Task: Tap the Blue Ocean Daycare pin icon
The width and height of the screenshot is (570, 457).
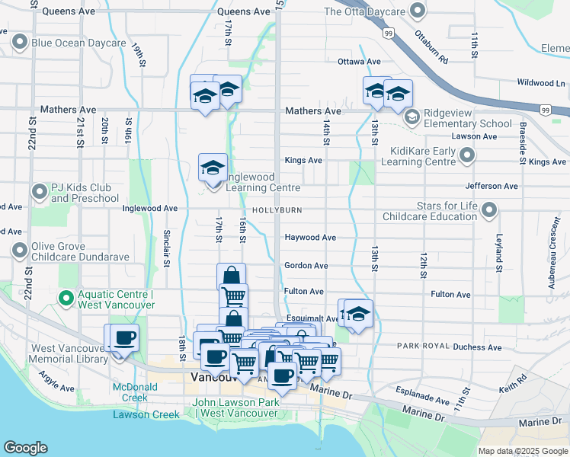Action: pyautogui.click(x=20, y=43)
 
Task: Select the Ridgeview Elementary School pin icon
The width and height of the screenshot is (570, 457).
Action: pyautogui.click(x=412, y=117)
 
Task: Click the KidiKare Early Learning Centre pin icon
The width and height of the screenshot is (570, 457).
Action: pyautogui.click(x=467, y=156)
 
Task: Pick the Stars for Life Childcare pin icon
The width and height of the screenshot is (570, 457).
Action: pyautogui.click(x=490, y=209)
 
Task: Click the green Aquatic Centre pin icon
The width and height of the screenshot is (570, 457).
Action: pyautogui.click(x=66, y=298)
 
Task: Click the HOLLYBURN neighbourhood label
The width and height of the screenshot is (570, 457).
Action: pyautogui.click(x=273, y=209)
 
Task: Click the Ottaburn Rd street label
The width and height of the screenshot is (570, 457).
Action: pyautogui.click(x=431, y=46)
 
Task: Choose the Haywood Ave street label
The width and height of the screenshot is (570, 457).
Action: pyautogui.click(x=310, y=238)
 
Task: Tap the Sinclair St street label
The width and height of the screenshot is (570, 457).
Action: pyautogui.click(x=166, y=249)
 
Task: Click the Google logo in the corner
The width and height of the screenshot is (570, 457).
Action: pyautogui.click(x=25, y=448)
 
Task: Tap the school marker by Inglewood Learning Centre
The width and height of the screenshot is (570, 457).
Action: pyautogui.click(x=213, y=168)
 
